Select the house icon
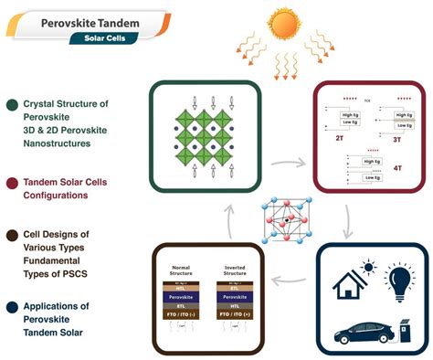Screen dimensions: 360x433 click(x=332, y=276)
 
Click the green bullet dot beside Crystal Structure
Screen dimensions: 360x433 click(x=10, y=105)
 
